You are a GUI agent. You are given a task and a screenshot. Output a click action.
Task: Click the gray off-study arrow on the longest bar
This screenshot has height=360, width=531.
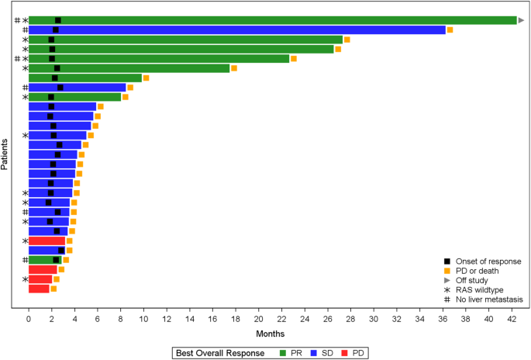click(x=522, y=20)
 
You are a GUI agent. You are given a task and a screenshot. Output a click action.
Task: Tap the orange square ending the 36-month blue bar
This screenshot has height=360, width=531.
click(x=450, y=29)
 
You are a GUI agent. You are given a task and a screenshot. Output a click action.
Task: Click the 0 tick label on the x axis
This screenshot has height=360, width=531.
click(x=29, y=317)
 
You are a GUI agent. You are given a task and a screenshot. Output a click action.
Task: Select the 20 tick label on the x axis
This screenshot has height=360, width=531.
click(x=259, y=317)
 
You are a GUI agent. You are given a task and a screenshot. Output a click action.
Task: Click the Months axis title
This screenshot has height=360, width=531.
click(x=270, y=333)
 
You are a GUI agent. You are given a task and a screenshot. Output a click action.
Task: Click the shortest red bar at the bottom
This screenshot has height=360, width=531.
click(x=39, y=289)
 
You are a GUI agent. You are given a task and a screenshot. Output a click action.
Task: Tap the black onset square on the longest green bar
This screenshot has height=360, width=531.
click(x=58, y=20)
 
